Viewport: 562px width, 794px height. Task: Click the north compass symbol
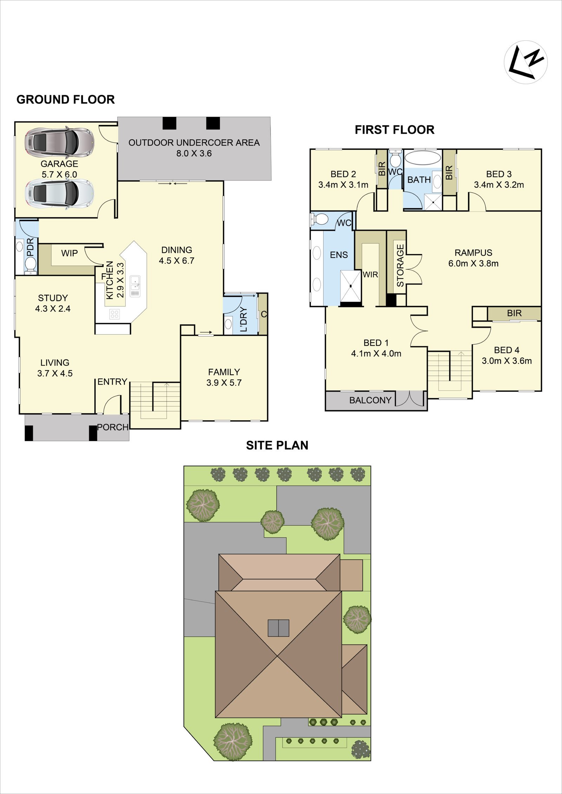point(526,62)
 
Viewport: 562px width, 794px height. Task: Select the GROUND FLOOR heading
point(66,100)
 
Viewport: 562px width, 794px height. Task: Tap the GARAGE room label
point(59,164)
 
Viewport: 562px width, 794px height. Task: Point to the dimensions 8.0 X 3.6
point(194,153)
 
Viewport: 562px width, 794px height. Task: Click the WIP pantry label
point(70,253)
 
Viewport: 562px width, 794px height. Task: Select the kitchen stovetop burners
point(115,314)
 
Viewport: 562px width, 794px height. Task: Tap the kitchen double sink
point(135,286)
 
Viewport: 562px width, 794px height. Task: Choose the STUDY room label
point(53,298)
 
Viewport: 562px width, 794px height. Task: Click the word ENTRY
point(112,382)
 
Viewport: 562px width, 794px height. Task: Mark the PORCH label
point(113,427)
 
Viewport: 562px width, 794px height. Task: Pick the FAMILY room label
point(224,372)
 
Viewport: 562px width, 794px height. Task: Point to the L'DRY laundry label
point(244,319)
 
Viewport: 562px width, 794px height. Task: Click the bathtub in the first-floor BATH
point(423,157)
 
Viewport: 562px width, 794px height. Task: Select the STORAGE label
point(400,265)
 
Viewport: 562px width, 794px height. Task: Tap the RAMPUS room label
point(473,253)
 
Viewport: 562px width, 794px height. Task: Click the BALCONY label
point(370,400)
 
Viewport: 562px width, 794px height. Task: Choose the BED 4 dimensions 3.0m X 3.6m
point(507,361)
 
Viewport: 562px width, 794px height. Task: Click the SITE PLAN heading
point(277,445)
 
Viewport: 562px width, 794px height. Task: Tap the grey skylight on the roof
point(279,628)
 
